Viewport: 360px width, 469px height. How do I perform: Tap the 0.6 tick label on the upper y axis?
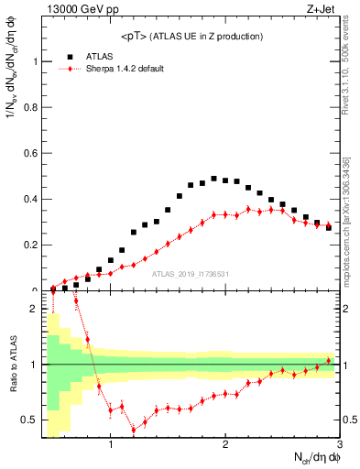click(x=32, y=153)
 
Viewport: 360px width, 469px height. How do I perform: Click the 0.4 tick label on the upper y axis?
click(x=32, y=199)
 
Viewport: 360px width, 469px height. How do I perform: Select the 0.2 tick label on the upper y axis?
click(x=32, y=245)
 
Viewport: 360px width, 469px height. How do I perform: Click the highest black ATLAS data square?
click(x=213, y=179)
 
